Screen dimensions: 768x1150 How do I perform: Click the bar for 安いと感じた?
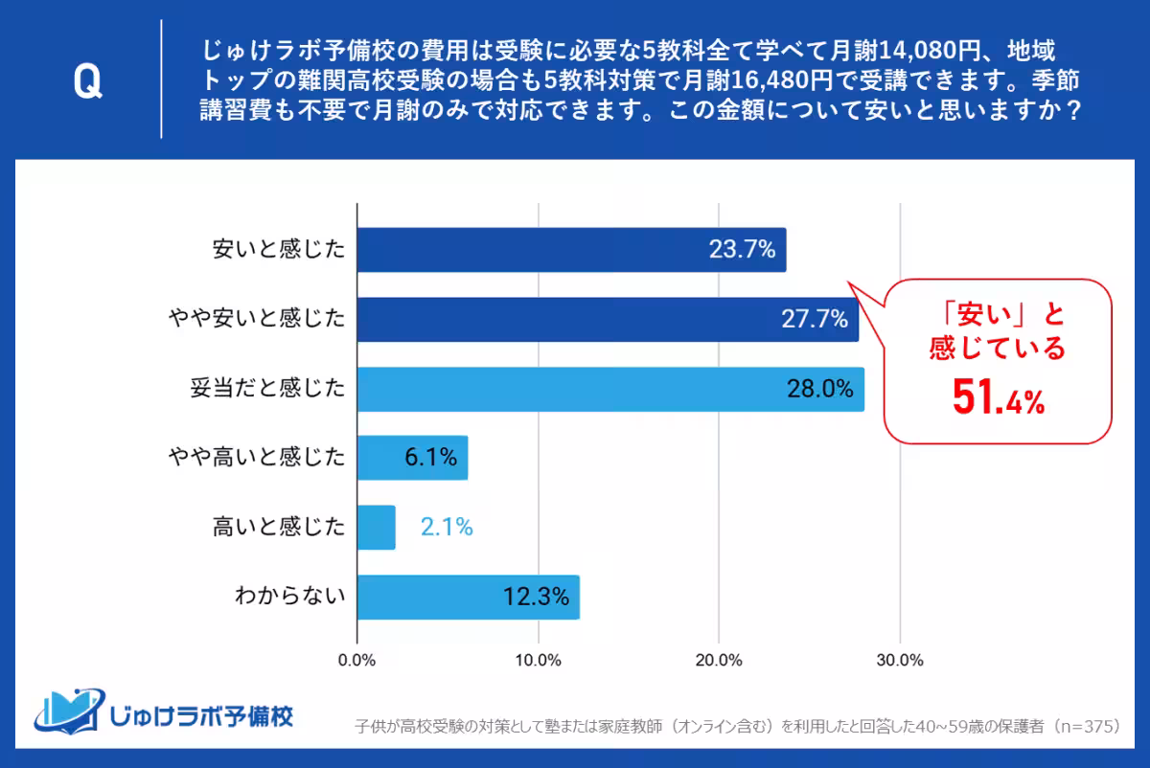(x=571, y=250)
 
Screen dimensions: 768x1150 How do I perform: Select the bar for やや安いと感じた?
(x=608, y=320)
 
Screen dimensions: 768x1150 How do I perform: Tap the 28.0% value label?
(x=820, y=389)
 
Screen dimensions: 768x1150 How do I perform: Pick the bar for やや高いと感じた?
(x=412, y=458)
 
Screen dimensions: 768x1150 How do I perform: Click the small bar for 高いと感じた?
(x=376, y=528)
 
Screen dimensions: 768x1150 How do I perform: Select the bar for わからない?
(x=468, y=598)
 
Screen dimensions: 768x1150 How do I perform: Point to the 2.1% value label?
(x=446, y=528)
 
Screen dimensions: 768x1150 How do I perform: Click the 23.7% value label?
(x=741, y=250)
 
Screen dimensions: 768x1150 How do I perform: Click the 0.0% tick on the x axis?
(x=357, y=660)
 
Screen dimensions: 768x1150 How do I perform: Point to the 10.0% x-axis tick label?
(x=538, y=660)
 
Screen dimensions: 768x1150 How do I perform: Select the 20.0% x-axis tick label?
(x=719, y=660)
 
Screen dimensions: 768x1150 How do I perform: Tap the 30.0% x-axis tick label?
(x=899, y=660)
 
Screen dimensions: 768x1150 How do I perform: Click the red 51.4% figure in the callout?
(x=997, y=398)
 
